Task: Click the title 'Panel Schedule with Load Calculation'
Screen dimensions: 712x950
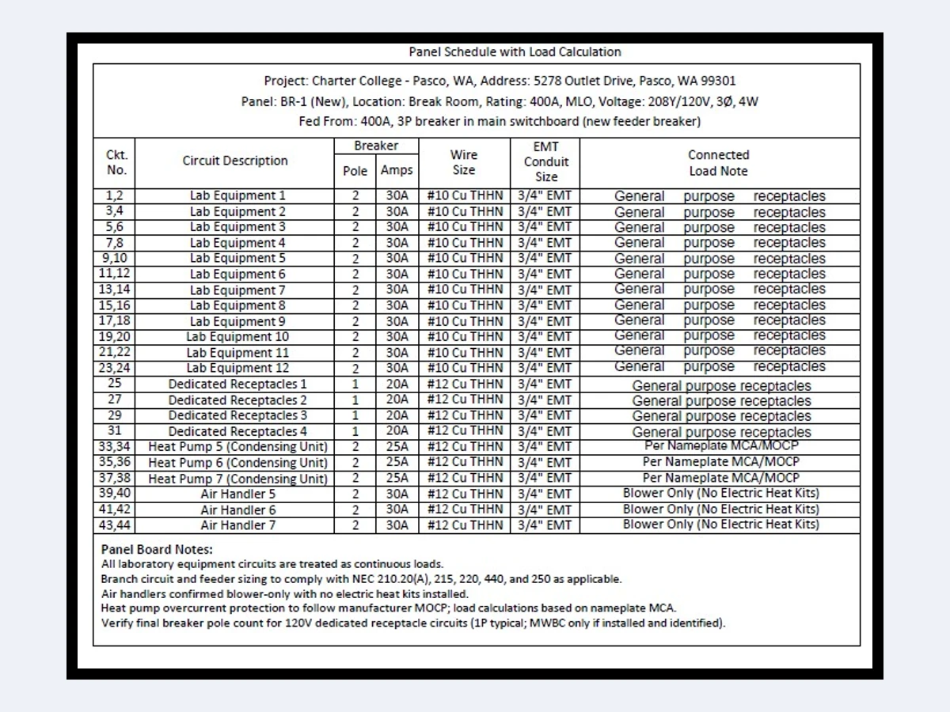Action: tap(515, 52)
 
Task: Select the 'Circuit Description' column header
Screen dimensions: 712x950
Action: tap(235, 161)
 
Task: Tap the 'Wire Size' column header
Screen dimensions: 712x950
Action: tap(464, 162)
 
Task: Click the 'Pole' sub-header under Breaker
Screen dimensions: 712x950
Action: tap(355, 171)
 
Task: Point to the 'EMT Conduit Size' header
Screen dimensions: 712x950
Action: tap(546, 162)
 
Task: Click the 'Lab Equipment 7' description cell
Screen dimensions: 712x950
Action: tap(237, 290)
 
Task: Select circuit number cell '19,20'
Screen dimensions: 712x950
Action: tap(114, 336)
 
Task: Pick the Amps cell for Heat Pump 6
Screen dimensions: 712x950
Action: tap(397, 462)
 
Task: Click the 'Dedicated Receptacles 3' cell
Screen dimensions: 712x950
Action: tap(237, 415)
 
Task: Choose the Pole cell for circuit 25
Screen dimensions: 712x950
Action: tap(355, 384)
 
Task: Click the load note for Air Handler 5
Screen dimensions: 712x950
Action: tap(720, 493)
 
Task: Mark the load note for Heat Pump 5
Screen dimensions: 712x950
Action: tap(720, 446)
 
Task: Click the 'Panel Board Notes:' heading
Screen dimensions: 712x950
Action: tap(157, 549)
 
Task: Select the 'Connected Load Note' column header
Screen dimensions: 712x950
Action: tap(718, 163)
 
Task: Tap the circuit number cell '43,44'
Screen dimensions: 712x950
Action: tap(114, 525)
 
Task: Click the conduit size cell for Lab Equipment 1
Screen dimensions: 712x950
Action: tap(545, 195)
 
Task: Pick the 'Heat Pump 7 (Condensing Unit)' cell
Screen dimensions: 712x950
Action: tap(237, 478)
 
